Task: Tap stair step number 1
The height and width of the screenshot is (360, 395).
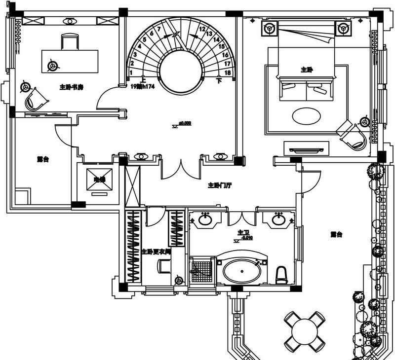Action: pos(131,72)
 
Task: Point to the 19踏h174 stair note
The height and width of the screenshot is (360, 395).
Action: pos(143,86)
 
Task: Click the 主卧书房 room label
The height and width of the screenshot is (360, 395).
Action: pos(71,87)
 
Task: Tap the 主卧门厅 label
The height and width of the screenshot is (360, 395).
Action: pos(220,185)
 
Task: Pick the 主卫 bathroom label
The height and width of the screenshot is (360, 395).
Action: pos(242,232)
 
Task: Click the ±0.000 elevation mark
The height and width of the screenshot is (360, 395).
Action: pos(185,122)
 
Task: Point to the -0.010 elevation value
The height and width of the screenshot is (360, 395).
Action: pos(247,238)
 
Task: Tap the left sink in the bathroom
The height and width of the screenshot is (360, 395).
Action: pos(206,219)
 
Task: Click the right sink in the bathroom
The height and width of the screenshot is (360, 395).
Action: pos(278,219)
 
